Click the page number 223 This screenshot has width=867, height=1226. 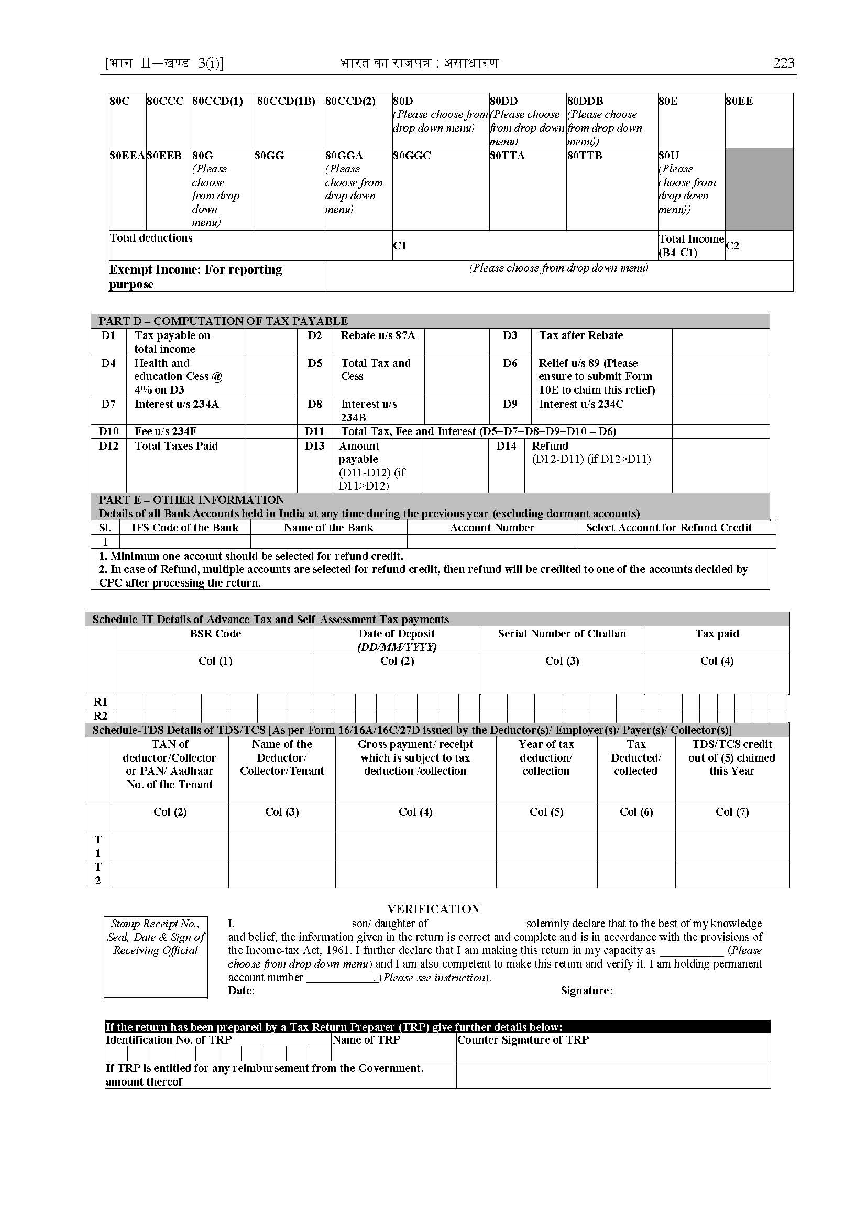point(783,63)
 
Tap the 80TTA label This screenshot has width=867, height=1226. point(507,156)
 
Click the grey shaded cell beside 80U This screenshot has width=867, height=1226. point(758,189)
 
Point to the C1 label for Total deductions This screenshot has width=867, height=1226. point(400,246)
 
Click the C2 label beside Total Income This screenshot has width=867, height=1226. point(732,246)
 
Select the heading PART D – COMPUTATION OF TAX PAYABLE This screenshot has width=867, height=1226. point(223,321)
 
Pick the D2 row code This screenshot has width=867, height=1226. point(314,335)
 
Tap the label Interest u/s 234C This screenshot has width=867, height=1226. point(581,404)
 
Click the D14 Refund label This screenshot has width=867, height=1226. point(550,446)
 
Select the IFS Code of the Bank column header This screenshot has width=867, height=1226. point(185,528)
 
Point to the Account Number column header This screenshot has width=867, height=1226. point(492,528)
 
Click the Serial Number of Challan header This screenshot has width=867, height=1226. point(562,634)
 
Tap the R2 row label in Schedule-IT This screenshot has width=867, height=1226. point(101,716)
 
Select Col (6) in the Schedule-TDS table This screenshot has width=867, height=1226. point(636,812)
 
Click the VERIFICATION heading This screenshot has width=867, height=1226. point(433,909)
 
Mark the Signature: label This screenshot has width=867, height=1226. point(587,991)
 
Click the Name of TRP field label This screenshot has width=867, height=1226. point(366,1040)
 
